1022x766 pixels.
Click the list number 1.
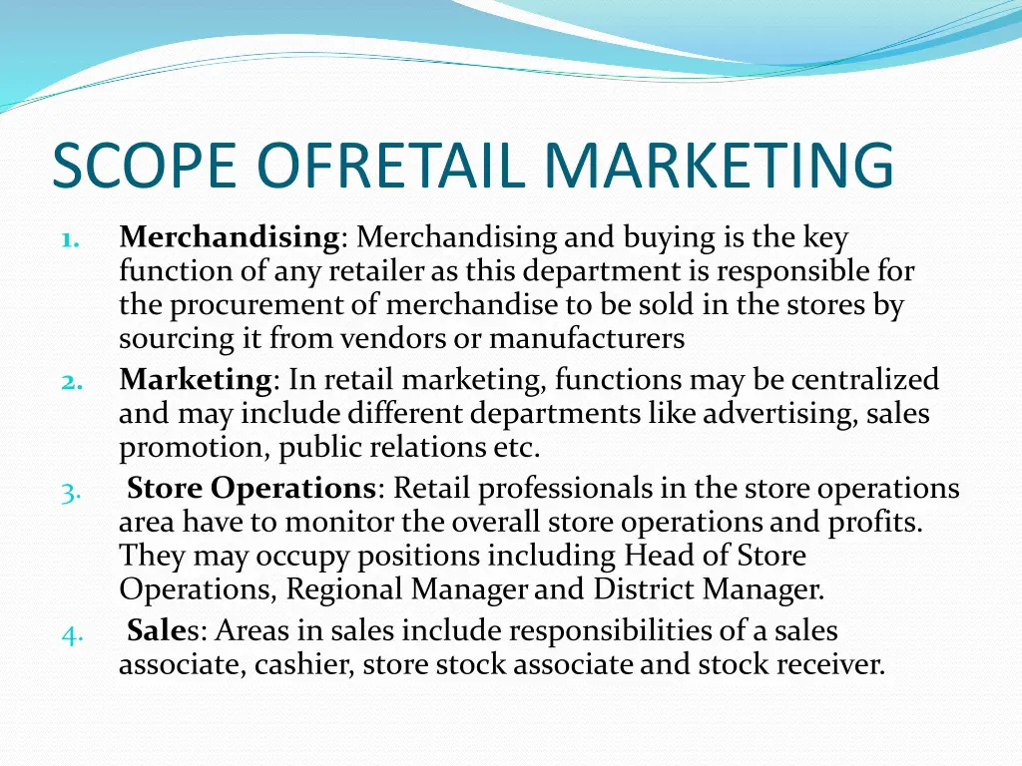[69, 239]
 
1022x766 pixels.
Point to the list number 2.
[69, 381]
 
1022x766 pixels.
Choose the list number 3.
[69, 491]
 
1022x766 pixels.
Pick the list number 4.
[69, 633]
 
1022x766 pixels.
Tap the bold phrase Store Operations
[251, 489]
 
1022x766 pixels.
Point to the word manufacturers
[587, 339]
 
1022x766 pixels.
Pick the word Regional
[343, 589]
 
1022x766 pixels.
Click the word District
[644, 589]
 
